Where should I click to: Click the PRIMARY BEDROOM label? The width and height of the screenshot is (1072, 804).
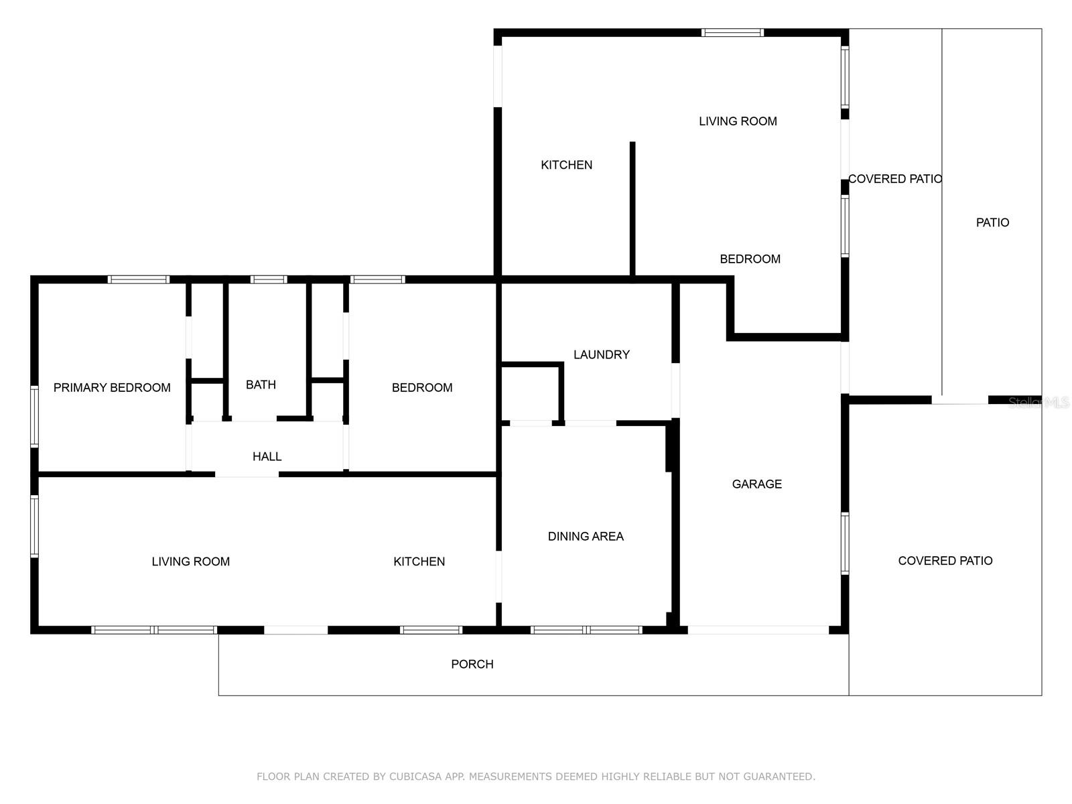pyautogui.click(x=112, y=387)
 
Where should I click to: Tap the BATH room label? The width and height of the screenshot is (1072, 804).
pyautogui.click(x=261, y=385)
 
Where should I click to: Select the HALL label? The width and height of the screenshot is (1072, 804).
pyautogui.click(x=267, y=456)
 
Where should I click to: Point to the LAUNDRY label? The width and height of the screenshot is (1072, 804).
pyautogui.click(x=601, y=354)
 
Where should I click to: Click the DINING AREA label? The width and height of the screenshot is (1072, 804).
pyautogui.click(x=586, y=536)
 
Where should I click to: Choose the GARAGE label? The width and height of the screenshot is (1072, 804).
pyautogui.click(x=756, y=484)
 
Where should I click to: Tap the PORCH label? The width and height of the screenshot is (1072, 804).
pyautogui.click(x=472, y=664)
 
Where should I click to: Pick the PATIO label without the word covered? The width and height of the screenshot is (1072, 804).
pyautogui.click(x=992, y=222)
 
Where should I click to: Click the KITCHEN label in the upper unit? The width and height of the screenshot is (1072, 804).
pyautogui.click(x=566, y=165)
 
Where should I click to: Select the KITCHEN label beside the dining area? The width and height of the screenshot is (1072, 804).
pyautogui.click(x=419, y=561)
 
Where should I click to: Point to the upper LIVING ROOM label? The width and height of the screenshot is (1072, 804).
pyautogui.click(x=738, y=121)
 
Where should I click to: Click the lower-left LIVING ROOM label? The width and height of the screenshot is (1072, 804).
pyautogui.click(x=190, y=561)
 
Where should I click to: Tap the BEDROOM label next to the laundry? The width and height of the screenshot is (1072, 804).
pyautogui.click(x=422, y=387)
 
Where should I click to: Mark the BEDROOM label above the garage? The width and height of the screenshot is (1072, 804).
pyautogui.click(x=750, y=259)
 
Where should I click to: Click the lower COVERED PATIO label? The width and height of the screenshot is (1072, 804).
pyautogui.click(x=945, y=561)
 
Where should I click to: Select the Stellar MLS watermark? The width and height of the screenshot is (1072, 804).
pyautogui.click(x=1038, y=402)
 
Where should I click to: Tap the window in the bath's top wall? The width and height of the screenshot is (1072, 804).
pyautogui.click(x=269, y=279)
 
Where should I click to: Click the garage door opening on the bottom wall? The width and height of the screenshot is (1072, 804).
pyautogui.click(x=758, y=630)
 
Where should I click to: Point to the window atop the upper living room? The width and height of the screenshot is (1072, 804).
pyautogui.click(x=732, y=32)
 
